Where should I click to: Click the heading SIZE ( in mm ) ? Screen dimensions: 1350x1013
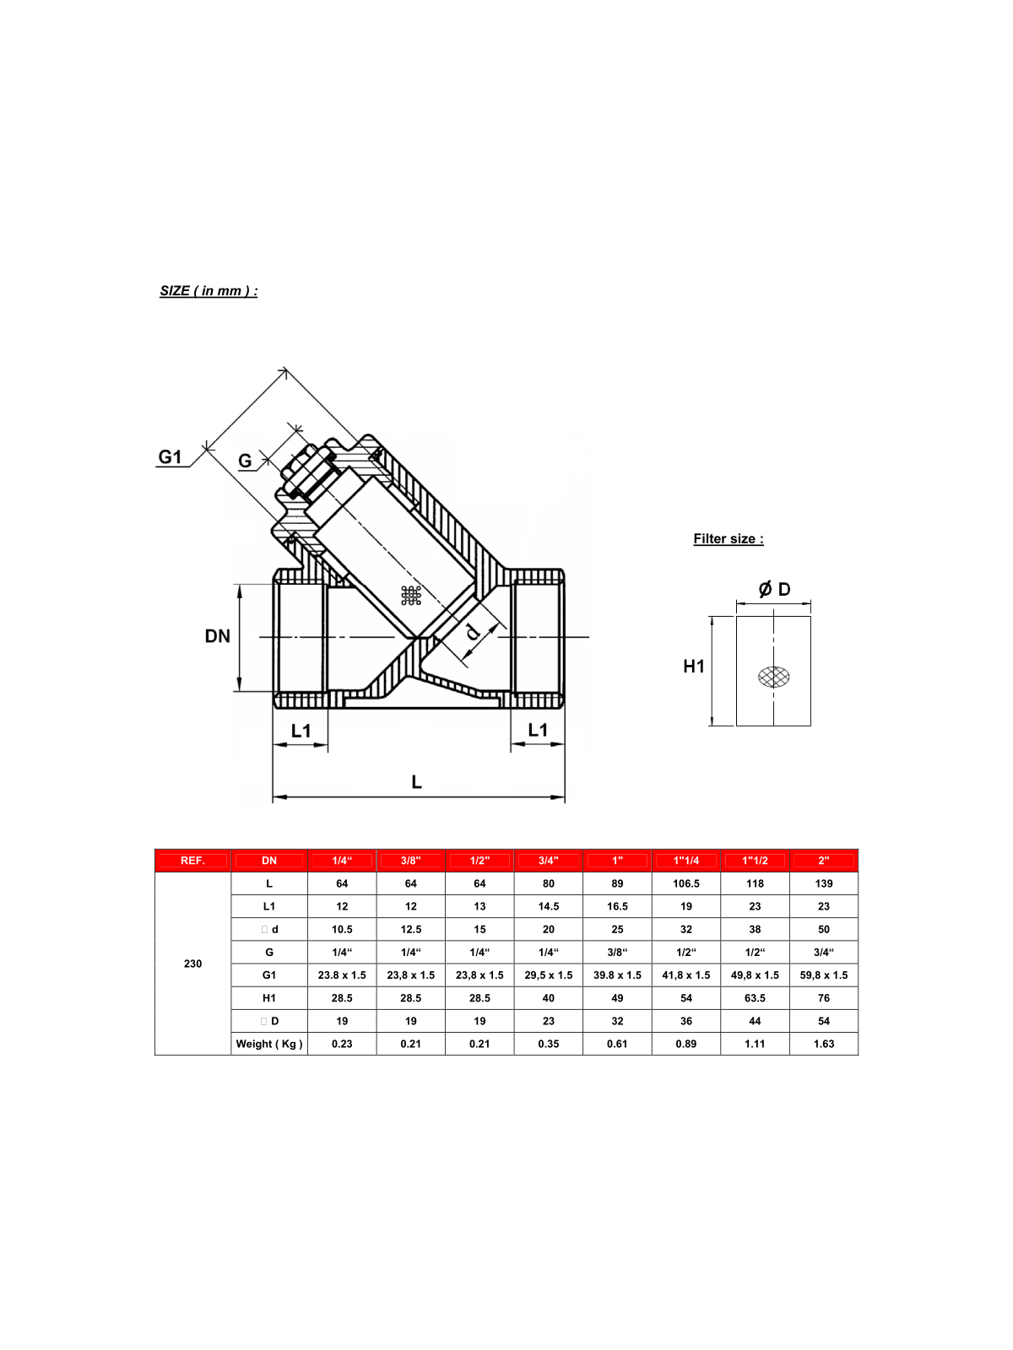209,290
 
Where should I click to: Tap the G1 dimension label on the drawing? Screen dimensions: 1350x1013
170,456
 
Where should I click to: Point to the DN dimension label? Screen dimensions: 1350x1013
217,636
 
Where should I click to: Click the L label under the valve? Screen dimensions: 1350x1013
416,782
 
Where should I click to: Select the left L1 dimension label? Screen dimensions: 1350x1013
301,731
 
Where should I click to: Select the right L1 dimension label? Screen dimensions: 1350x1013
537,730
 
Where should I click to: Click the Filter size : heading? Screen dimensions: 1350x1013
728,538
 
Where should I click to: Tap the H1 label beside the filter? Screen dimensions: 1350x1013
693,667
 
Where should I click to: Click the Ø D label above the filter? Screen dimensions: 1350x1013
774,589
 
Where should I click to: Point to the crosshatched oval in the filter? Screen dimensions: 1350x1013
773,677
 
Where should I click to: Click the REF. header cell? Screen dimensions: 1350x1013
192,861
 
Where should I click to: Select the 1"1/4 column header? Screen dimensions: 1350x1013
685,861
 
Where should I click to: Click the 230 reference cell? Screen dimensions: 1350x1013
192,964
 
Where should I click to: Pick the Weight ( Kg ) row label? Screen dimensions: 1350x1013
269,1044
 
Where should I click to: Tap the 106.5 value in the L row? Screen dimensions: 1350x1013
685,883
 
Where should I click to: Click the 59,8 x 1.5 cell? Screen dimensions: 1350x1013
823,975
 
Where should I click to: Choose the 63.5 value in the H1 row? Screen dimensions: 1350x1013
755,997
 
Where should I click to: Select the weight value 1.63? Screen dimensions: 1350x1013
823,1044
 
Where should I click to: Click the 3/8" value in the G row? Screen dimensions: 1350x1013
617,952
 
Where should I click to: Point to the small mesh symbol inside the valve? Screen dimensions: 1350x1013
411,596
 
